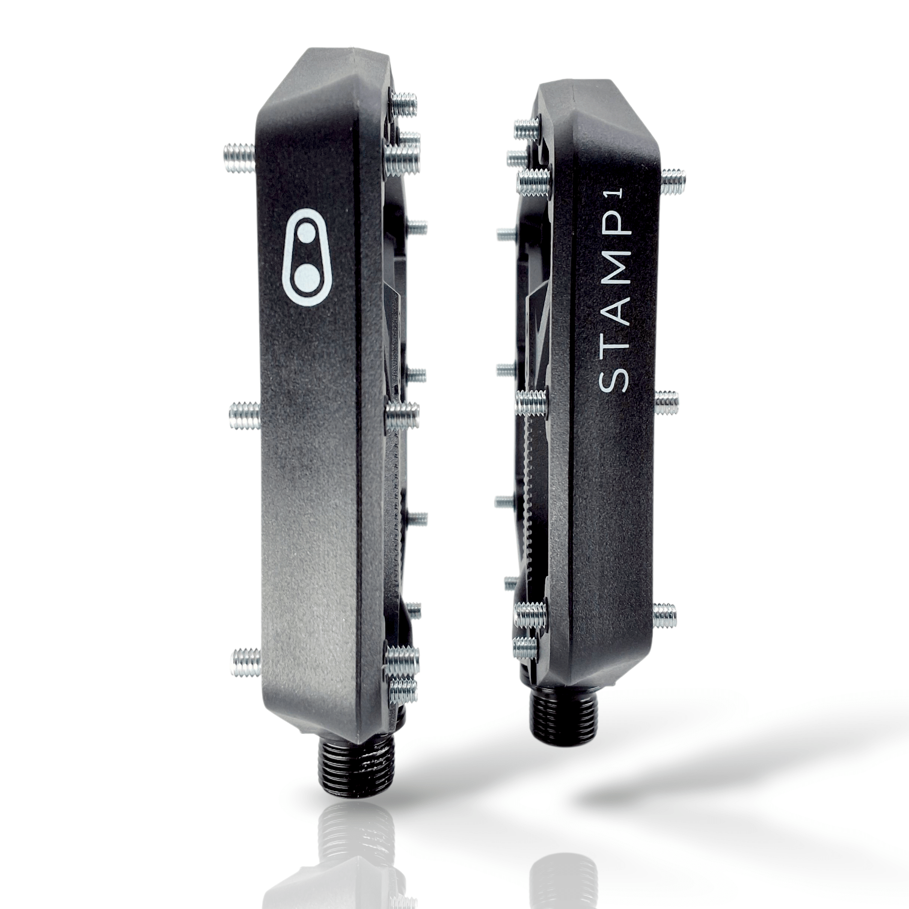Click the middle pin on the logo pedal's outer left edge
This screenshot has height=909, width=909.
coord(245,415)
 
